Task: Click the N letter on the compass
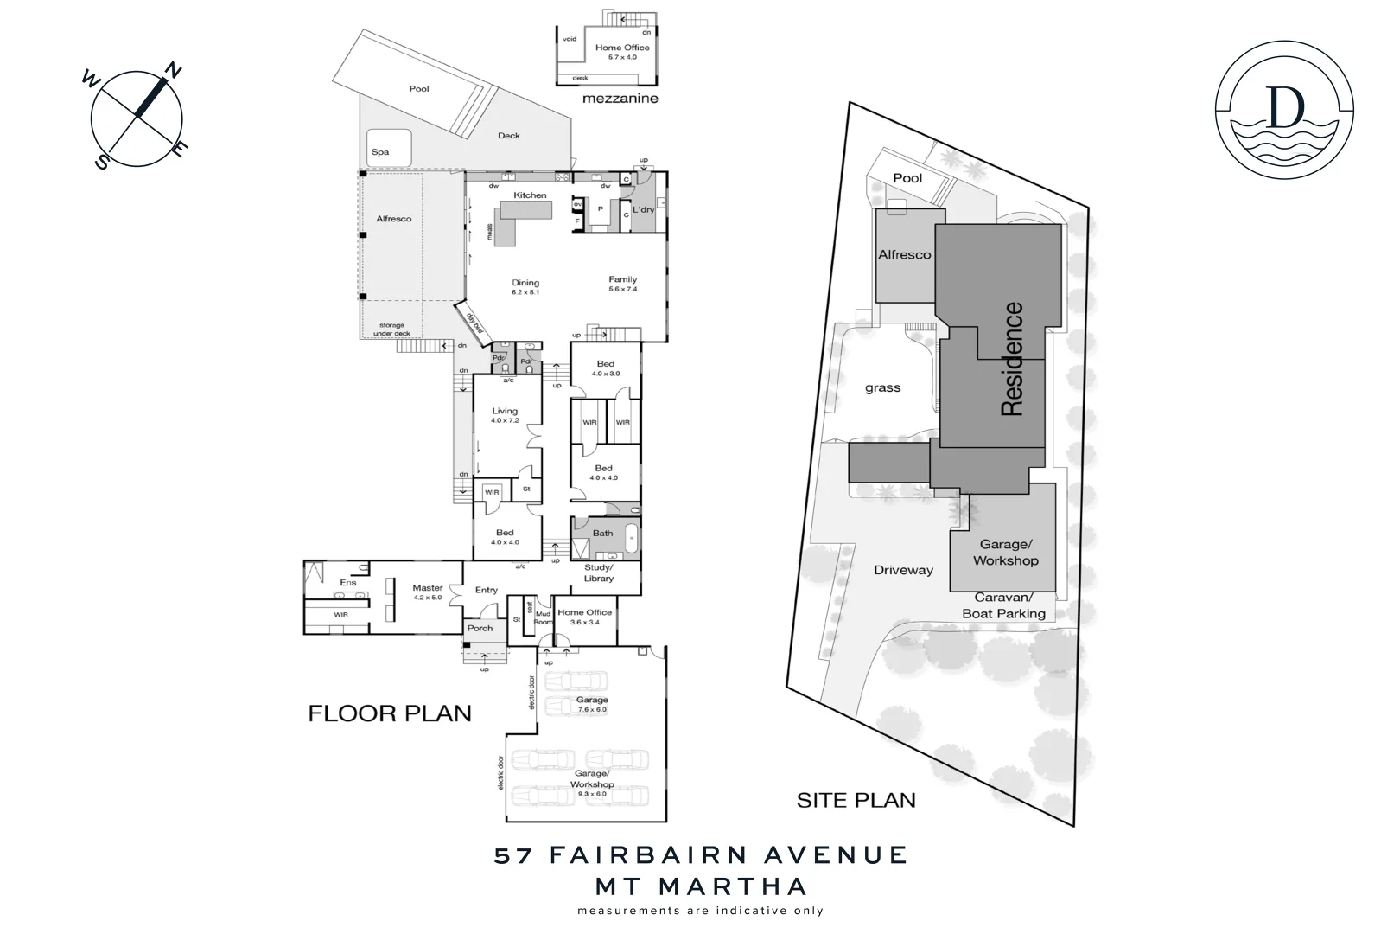click(x=173, y=71)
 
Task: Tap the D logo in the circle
click(x=1284, y=108)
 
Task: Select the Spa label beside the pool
click(x=380, y=152)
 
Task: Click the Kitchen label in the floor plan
click(x=530, y=195)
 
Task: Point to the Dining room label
click(x=525, y=283)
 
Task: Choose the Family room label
click(x=622, y=280)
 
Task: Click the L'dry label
click(x=643, y=210)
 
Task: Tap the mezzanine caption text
click(x=620, y=99)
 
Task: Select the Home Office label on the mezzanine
click(x=622, y=48)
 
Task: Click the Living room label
click(x=505, y=412)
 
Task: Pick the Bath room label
click(x=602, y=534)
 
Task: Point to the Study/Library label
click(x=598, y=573)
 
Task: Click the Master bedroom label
click(x=427, y=588)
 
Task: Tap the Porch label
click(x=480, y=629)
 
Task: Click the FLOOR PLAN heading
click(x=390, y=713)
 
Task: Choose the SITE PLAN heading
click(x=856, y=801)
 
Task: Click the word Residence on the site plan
click(x=1012, y=359)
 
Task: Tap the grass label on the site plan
click(x=882, y=388)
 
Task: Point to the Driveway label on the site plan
click(x=903, y=571)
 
